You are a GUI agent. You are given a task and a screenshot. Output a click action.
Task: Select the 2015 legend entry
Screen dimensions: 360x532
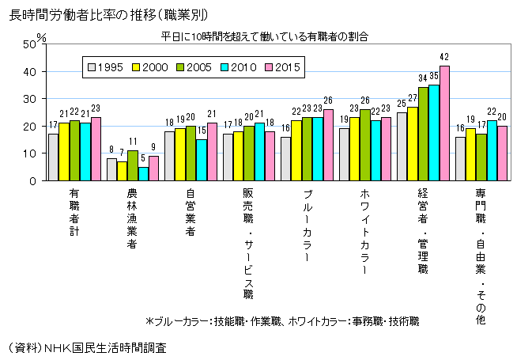click(x=283, y=67)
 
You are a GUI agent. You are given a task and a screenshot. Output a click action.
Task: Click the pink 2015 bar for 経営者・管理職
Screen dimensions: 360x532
click(x=444, y=123)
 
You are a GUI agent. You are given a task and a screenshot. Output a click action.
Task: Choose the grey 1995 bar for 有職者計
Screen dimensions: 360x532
click(x=53, y=157)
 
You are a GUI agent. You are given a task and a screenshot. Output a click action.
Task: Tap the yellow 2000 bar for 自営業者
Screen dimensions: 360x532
click(x=179, y=154)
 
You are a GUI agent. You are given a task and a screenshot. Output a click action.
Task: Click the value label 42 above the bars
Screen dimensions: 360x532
click(x=444, y=57)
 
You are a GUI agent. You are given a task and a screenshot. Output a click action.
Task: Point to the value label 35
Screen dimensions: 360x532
click(x=434, y=76)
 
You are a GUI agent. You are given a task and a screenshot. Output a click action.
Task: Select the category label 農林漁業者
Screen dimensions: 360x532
click(x=132, y=218)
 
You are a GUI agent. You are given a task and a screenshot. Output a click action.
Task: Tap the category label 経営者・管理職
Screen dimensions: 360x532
click(x=423, y=229)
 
